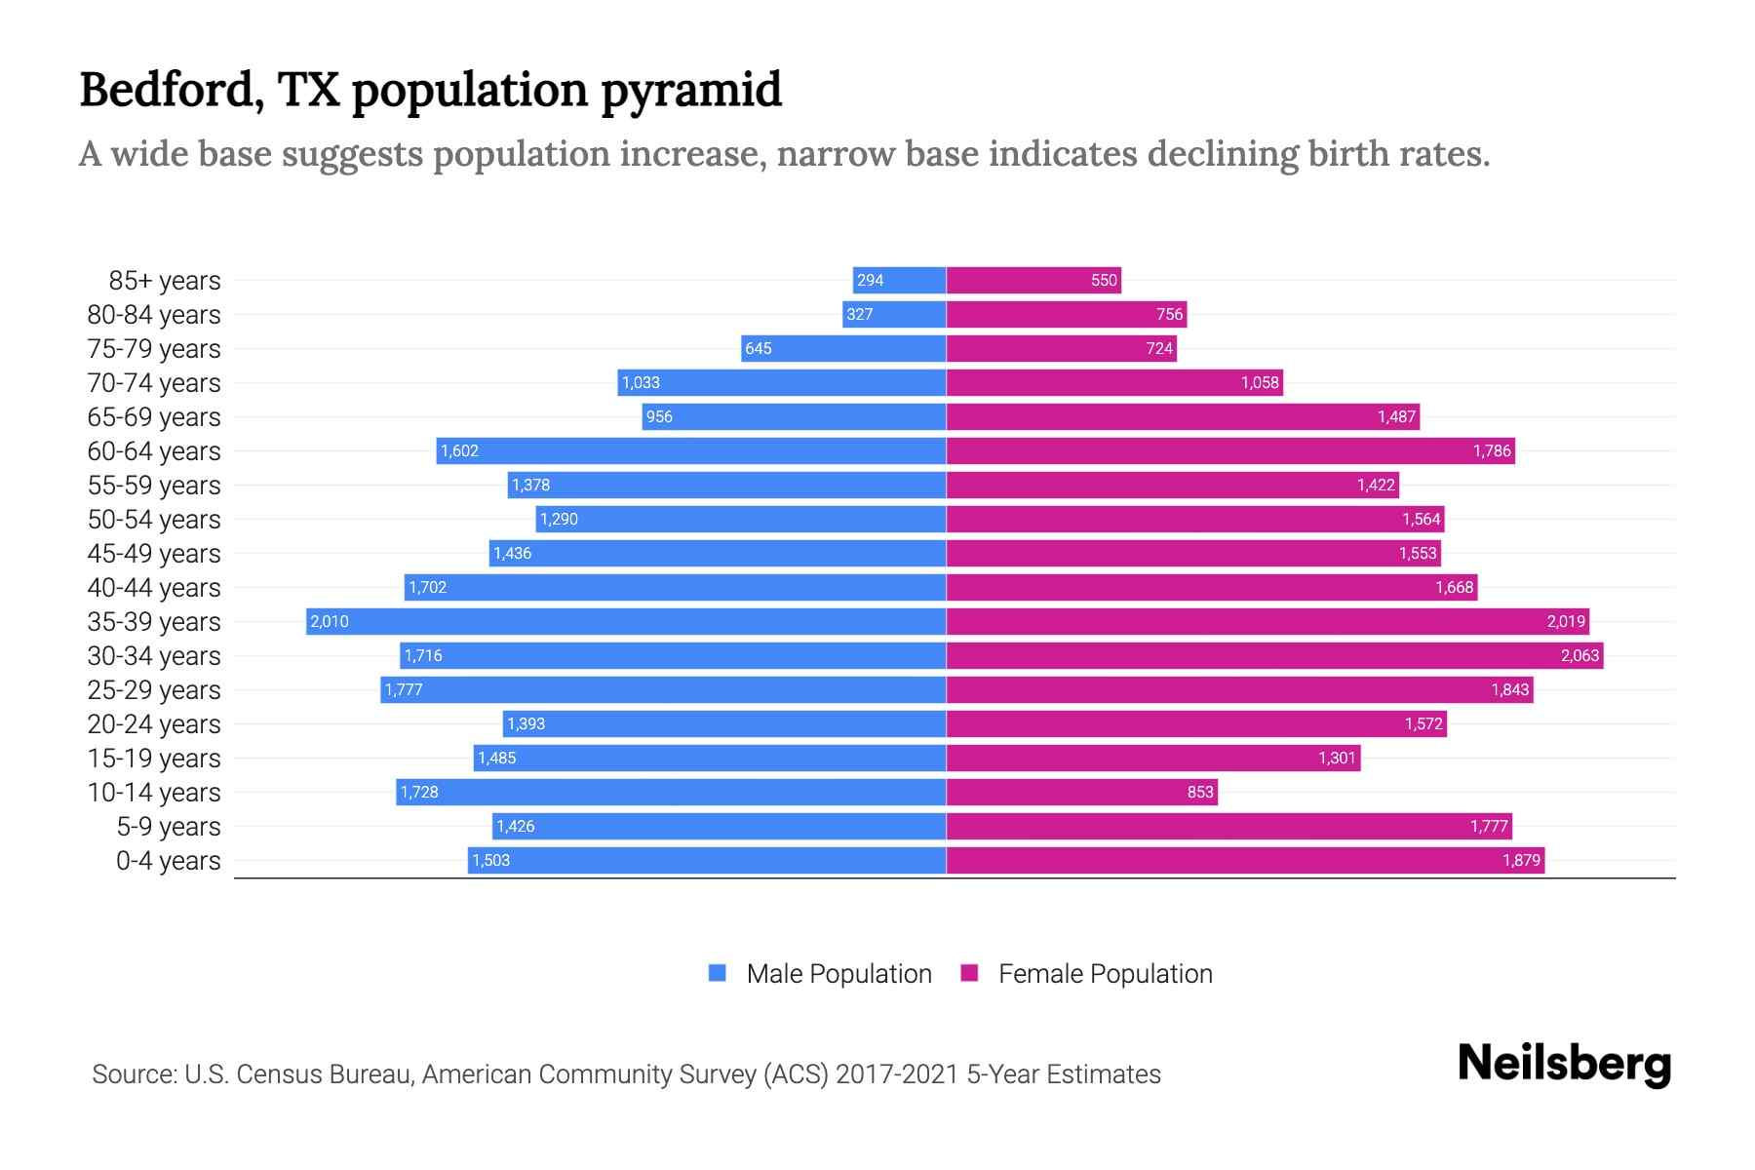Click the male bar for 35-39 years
pos(626,621)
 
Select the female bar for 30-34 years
pos(1274,655)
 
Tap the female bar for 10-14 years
pos(1081,792)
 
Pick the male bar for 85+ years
pos(899,280)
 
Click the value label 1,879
pos(1521,860)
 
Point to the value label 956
pos(659,416)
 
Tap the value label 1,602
pos(459,450)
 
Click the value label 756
pos(1169,314)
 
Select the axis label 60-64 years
pos(154,451)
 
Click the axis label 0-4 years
pos(168,861)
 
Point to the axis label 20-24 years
pos(154,724)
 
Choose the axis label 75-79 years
pos(154,349)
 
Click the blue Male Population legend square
pos(718,973)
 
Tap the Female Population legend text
pos(1105,974)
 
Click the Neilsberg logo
pos(1564,1064)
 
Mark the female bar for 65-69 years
pos(1183,416)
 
